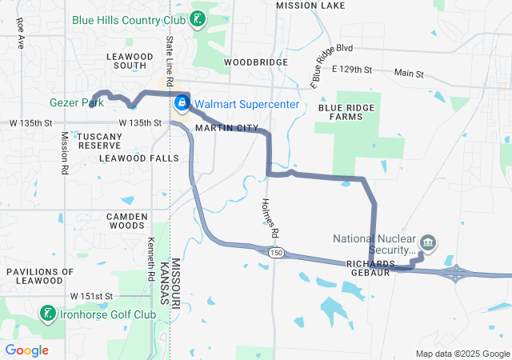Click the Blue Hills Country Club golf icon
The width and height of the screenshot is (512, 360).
point(197,18)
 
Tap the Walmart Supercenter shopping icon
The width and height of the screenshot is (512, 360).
point(182,103)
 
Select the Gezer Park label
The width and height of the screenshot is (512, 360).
point(70,104)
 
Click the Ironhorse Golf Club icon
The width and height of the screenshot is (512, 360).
point(49,314)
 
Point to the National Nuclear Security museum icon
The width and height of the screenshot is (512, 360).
point(427,242)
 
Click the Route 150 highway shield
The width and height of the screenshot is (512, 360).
point(276,253)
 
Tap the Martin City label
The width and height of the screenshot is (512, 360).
point(227,128)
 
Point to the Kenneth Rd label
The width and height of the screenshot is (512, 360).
point(151,259)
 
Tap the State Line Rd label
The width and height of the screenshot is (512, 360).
point(170,61)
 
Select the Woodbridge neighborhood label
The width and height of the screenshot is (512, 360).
point(255,62)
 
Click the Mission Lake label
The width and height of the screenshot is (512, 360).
point(310,6)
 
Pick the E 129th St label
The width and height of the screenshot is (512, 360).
point(353,70)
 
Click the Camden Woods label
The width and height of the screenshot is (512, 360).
point(127,221)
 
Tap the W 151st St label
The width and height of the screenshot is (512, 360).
point(92,296)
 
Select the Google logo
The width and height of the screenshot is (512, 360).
point(27,350)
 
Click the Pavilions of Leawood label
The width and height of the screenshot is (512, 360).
point(46,276)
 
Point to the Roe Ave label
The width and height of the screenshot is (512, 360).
point(20,32)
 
